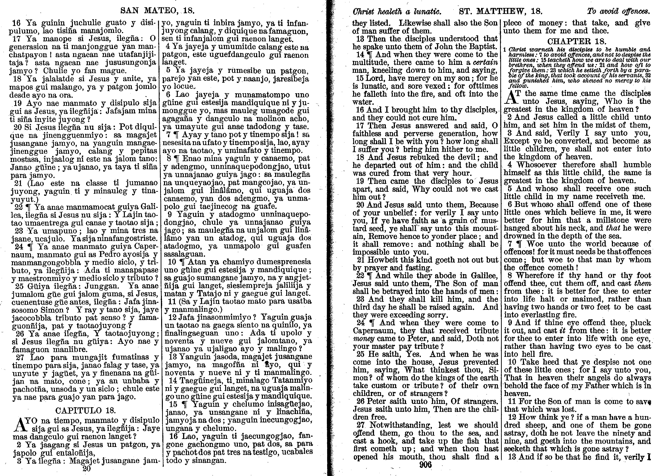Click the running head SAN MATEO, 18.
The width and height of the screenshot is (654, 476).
click(x=157, y=11)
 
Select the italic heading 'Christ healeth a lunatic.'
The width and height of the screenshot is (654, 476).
click(x=396, y=12)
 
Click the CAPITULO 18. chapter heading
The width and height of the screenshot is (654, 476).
click(x=85, y=410)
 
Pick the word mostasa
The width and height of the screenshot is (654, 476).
click(x=23, y=159)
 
